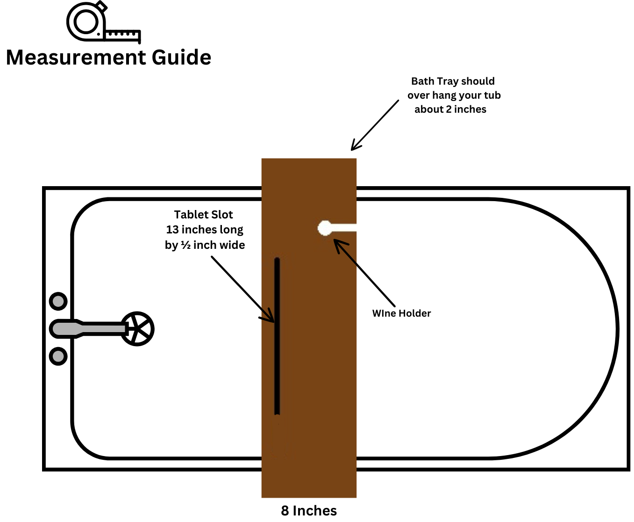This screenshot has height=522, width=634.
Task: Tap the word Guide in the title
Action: (x=181, y=58)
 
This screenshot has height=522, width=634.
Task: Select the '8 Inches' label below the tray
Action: (x=309, y=510)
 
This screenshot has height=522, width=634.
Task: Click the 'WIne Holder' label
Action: (x=401, y=313)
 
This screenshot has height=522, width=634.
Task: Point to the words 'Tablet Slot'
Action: (x=203, y=215)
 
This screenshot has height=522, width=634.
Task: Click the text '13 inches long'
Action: (x=205, y=230)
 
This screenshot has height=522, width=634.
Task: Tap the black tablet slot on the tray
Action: (x=277, y=337)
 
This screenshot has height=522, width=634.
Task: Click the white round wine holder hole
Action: (x=325, y=228)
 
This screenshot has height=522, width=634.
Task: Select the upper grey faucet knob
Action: (x=58, y=301)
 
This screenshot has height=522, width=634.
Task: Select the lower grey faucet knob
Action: (x=58, y=356)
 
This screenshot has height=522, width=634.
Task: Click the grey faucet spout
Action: (x=89, y=329)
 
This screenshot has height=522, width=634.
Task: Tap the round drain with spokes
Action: (x=137, y=329)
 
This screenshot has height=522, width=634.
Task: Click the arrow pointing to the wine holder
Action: (x=364, y=273)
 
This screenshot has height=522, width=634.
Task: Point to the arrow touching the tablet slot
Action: (x=243, y=289)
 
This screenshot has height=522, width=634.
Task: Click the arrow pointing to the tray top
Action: (x=375, y=125)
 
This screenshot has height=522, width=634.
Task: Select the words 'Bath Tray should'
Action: (x=453, y=81)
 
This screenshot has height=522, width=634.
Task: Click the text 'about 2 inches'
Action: (x=450, y=109)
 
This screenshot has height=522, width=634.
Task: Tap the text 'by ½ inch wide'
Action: (x=205, y=245)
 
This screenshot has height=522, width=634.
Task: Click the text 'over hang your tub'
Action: (x=454, y=95)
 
